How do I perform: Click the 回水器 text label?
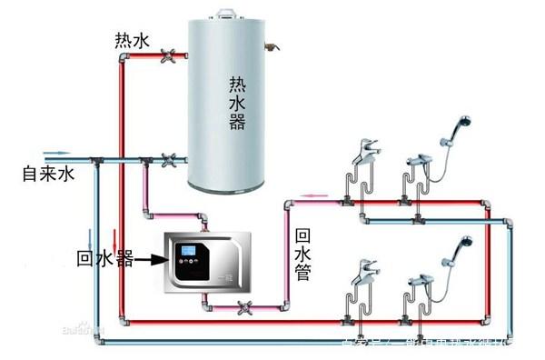tap(105, 260)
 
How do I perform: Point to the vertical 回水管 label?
tap(302, 255)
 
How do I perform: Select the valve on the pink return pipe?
tap(243, 306)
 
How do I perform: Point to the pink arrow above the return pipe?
tap(314, 194)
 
